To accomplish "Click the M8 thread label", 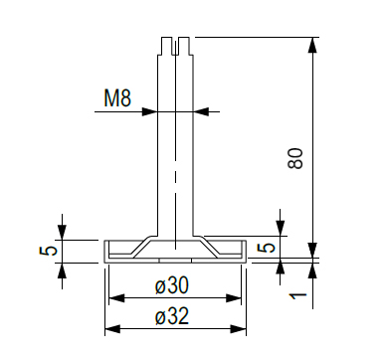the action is [x=117, y=98].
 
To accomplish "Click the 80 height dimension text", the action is [x=295, y=159].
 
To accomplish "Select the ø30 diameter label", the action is [x=172, y=285].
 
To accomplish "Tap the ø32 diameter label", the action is [x=172, y=316].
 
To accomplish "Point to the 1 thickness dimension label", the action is [x=298, y=295].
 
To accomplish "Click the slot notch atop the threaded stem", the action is [x=175, y=47].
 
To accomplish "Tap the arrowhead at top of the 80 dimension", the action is [x=312, y=45].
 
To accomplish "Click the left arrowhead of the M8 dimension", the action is [x=149, y=111].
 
